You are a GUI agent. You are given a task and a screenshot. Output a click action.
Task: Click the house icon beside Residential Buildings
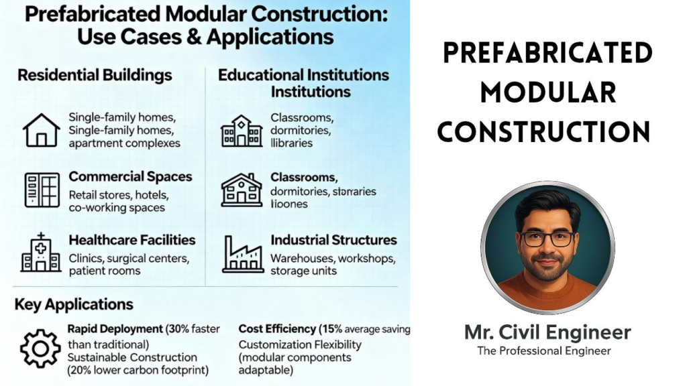[42, 130]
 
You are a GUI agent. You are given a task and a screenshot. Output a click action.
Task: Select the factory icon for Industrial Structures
[242, 253]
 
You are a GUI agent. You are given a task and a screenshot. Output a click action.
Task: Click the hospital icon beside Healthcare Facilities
[41, 253]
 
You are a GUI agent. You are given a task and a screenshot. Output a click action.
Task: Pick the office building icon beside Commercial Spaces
[42, 189]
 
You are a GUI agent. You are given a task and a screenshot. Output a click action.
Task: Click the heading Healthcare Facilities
[132, 240]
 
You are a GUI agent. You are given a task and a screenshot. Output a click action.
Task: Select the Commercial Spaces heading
[130, 177]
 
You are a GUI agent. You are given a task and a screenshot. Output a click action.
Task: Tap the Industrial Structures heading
[333, 240]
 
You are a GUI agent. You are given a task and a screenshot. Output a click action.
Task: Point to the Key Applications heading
[74, 304]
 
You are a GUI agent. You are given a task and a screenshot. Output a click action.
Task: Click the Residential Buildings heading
[95, 74]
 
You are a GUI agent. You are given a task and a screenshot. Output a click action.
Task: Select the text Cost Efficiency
[277, 329]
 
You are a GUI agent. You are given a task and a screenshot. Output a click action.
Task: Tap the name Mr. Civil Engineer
[547, 332]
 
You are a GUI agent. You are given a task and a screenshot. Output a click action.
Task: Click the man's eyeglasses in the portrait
[546, 238]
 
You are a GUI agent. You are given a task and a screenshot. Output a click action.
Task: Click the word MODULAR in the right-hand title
[547, 92]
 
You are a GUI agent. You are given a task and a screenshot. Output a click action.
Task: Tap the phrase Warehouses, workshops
[333, 258]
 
